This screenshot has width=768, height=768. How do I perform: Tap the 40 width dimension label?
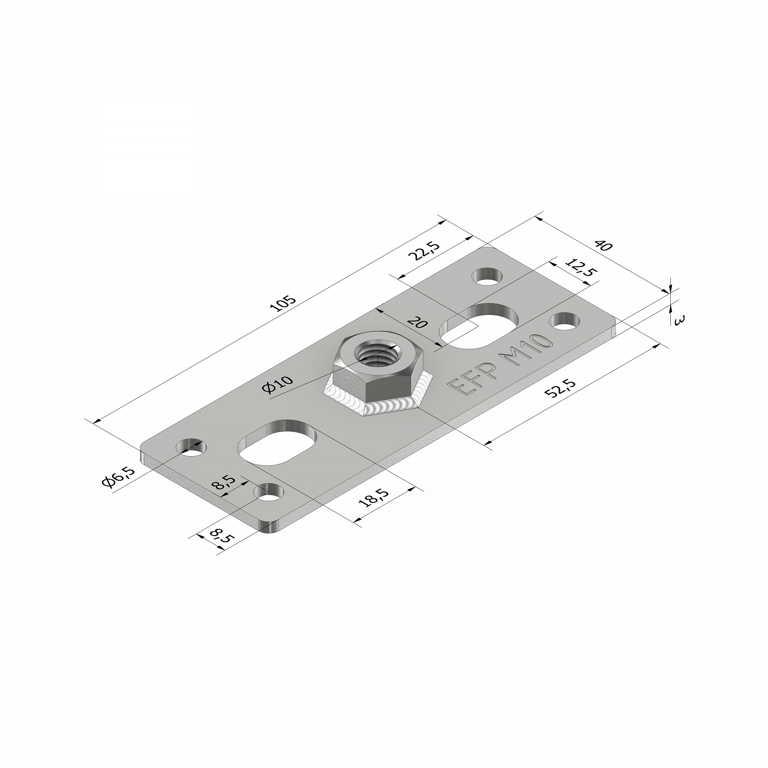[x=604, y=246]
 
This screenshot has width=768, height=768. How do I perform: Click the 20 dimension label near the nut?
[x=417, y=323]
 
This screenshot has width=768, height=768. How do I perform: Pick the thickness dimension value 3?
[x=680, y=321]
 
